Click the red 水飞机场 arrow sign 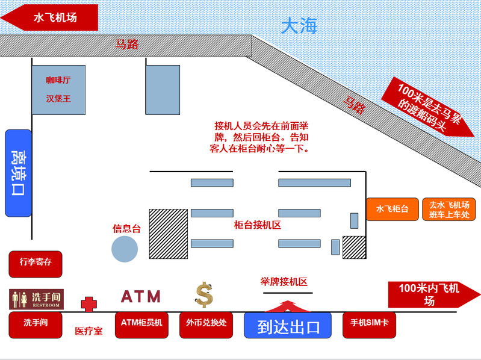pyautogui.click(x=50, y=17)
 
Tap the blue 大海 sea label pyautogui.click(x=299, y=26)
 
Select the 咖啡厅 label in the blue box pyautogui.click(x=58, y=80)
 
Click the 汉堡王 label pyautogui.click(x=58, y=99)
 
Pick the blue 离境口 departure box pyautogui.click(x=19, y=173)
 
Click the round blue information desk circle pyautogui.click(x=125, y=249)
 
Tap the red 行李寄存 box pyautogui.click(x=36, y=264)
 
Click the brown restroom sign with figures pyautogui.click(x=37, y=299)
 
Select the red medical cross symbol pyautogui.click(x=89, y=304)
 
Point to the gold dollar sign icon pyautogui.click(x=204, y=295)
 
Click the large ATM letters pyautogui.click(x=141, y=297)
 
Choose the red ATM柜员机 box pyautogui.click(x=141, y=325)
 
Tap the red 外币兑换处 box pyautogui.click(x=206, y=325)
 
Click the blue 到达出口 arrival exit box pyautogui.click(x=288, y=325)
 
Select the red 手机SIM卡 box pyautogui.click(x=370, y=325)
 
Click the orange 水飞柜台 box pyautogui.click(x=393, y=209)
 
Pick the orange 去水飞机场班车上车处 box pyautogui.click(x=448, y=209)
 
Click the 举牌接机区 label pyautogui.click(x=284, y=282)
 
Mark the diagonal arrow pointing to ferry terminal pyautogui.click(x=428, y=107)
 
